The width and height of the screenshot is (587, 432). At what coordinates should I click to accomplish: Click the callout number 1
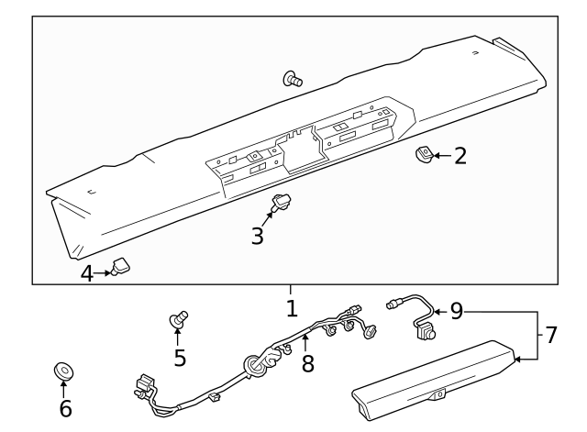(x=292, y=308)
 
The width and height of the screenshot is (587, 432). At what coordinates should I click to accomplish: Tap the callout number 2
(x=460, y=155)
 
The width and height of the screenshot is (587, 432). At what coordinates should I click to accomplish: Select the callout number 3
(x=258, y=236)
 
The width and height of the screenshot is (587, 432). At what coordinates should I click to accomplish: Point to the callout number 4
(x=86, y=273)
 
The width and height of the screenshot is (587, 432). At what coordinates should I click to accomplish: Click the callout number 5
(x=180, y=357)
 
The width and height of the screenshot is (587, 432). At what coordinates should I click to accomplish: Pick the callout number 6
(x=65, y=408)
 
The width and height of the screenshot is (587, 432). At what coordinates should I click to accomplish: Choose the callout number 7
(x=550, y=335)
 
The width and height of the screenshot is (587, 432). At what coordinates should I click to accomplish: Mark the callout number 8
(x=307, y=363)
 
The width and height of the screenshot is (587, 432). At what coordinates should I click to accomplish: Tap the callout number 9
(x=458, y=312)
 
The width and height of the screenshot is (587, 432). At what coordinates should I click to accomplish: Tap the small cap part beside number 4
(x=119, y=267)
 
